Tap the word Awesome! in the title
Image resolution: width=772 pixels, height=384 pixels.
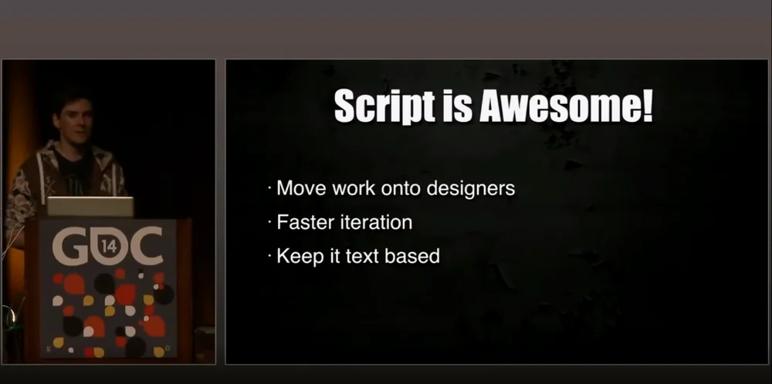click(x=566, y=106)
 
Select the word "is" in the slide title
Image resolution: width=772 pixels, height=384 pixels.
click(x=456, y=106)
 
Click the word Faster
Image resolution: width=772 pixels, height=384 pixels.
click(x=300, y=222)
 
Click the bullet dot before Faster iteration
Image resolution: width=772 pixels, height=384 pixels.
click(x=269, y=223)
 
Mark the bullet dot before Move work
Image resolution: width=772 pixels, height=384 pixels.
click(x=269, y=189)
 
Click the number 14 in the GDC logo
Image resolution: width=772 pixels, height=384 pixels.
click(x=110, y=247)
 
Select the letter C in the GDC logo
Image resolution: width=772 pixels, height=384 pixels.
click(x=143, y=245)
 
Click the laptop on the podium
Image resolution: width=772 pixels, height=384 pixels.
click(x=90, y=207)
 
